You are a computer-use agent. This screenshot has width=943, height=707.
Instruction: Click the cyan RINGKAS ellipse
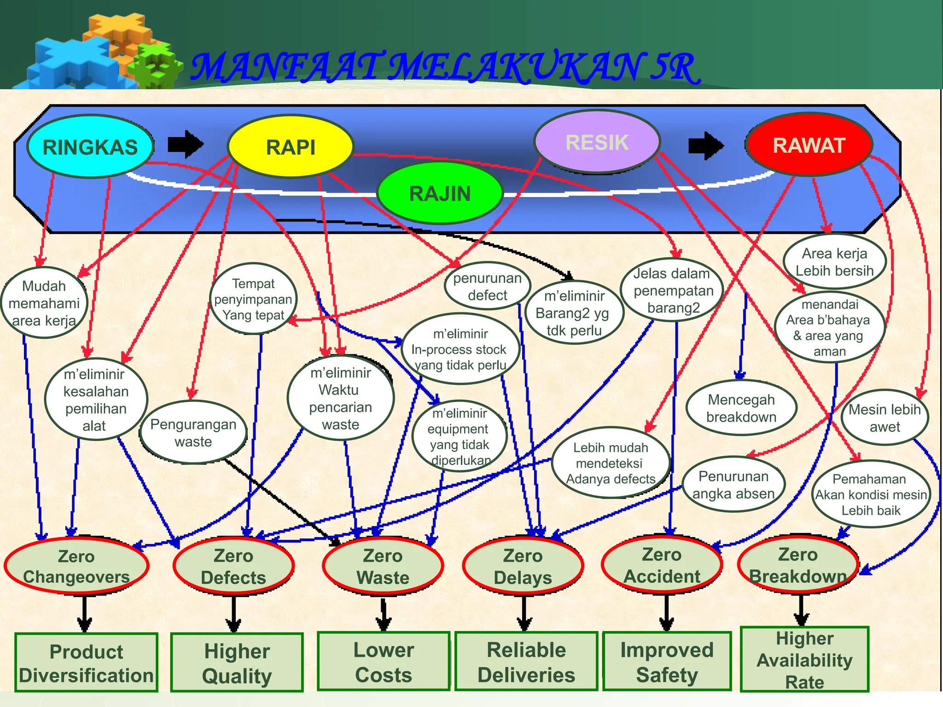90,146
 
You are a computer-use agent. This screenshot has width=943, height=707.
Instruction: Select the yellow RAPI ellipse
291,146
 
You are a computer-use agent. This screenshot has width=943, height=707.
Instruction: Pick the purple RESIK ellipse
597,142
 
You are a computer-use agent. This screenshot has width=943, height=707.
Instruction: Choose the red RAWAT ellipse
809,145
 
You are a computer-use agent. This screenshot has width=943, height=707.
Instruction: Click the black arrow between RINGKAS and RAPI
185,144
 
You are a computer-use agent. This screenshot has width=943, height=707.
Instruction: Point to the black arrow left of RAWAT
705,145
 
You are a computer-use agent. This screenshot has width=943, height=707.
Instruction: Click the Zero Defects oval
233,566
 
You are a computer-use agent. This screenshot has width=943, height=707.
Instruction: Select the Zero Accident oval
662,565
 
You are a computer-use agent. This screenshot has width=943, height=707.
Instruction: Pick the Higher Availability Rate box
804,659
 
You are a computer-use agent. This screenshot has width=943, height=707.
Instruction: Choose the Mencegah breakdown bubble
741,408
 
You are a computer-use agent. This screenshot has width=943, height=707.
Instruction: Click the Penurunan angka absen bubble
733,484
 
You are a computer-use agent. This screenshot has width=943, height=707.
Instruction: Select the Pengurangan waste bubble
193,432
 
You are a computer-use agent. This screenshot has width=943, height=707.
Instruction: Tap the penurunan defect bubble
487,286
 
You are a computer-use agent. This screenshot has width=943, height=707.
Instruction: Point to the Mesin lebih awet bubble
885,417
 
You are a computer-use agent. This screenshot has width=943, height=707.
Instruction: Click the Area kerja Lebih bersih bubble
834,261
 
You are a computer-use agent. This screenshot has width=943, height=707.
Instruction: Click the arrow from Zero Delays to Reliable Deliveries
524,614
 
